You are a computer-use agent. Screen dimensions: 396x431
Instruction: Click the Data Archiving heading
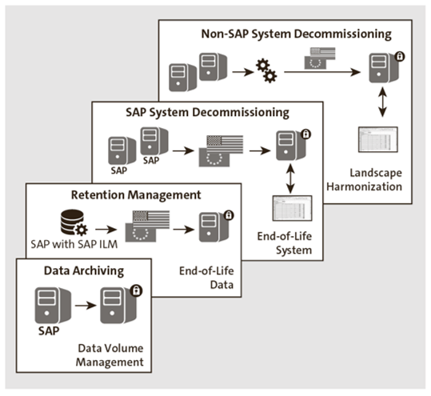(82, 270)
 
